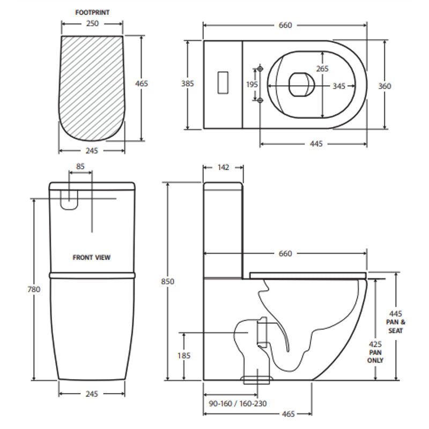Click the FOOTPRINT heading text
(x=92, y=12)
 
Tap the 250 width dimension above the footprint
(x=92, y=25)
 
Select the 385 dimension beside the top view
(x=187, y=84)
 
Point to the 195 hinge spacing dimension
(x=252, y=85)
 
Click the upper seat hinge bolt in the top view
(x=261, y=69)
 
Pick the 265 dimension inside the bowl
(x=322, y=69)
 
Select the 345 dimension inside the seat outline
(x=338, y=86)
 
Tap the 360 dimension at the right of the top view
(x=384, y=86)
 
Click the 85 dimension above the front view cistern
(x=80, y=167)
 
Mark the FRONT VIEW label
(x=92, y=257)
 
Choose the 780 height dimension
(x=34, y=290)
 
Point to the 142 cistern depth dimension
(x=223, y=167)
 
